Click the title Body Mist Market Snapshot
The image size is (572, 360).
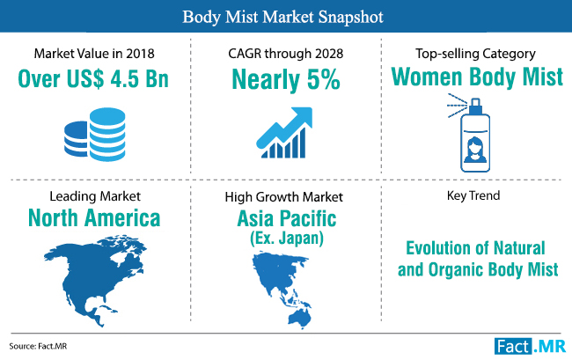282,17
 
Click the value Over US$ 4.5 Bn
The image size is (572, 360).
93,78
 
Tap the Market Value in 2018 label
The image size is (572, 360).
94,54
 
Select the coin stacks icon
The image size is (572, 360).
95,134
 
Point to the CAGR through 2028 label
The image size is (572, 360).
286,54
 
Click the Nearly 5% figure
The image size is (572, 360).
286,79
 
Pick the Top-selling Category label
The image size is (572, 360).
475,54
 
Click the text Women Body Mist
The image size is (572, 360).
477,77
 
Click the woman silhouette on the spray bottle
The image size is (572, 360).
475,150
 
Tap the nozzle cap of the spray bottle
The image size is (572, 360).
475,107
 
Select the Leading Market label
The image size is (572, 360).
95,196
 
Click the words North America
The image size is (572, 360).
94,218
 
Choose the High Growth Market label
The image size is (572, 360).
284,197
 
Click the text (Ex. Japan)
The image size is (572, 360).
287,239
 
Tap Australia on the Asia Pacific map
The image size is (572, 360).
300,319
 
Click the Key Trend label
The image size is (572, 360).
473,195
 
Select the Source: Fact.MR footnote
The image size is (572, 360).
38,346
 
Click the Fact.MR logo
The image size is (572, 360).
530,346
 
